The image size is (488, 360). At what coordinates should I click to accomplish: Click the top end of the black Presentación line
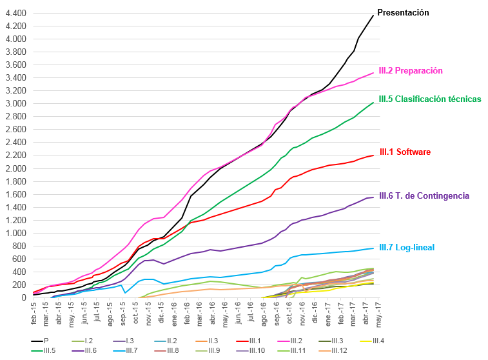(373, 15)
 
